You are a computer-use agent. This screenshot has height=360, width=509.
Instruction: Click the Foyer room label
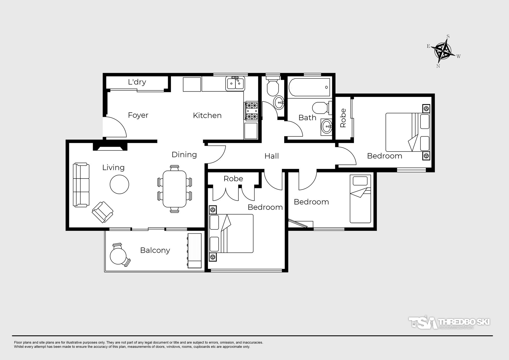tap(138, 115)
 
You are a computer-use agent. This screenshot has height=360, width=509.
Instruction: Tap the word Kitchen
tap(207, 115)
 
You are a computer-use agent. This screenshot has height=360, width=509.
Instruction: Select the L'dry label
tap(137, 82)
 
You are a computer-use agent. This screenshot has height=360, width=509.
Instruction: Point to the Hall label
tap(271, 156)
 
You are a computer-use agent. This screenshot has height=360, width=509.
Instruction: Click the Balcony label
tap(155, 250)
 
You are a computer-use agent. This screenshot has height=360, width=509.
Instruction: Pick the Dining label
tap(184, 154)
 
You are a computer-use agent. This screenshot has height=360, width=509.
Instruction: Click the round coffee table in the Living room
tap(119, 184)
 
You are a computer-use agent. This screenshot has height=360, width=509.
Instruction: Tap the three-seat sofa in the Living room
tap(81, 185)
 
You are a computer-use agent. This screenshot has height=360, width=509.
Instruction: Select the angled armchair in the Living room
tap(103, 212)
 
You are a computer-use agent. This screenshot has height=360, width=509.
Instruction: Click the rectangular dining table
tap(174, 189)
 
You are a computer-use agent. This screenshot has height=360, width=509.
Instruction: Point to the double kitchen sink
tap(235, 84)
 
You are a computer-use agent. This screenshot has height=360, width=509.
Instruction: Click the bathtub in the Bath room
tap(309, 87)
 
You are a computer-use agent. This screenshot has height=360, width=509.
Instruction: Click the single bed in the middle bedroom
tap(360, 199)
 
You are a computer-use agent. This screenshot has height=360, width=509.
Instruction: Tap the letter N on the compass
tap(438, 66)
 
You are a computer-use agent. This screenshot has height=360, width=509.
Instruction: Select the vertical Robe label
tap(343, 118)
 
